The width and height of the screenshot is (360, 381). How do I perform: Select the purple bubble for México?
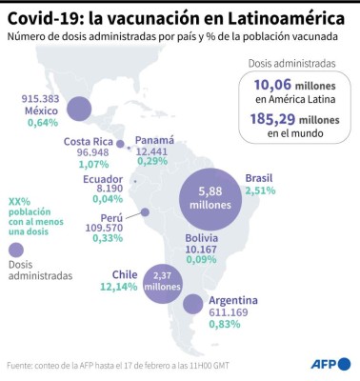coord(78,110)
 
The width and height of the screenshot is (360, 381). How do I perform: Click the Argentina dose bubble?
coord(192,305)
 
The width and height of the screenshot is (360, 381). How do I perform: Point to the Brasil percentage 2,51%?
coord(260,190)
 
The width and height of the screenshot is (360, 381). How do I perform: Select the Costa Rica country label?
coord(89,142)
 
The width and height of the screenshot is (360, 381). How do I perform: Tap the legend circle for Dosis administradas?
coord(15,251)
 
